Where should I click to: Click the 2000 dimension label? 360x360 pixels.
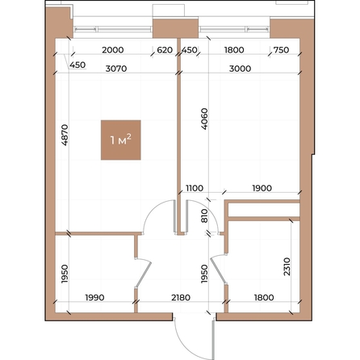[111, 50]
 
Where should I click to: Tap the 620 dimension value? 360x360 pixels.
[165, 50]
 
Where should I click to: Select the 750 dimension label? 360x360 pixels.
[281, 50]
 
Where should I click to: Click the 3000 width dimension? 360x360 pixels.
[239, 69]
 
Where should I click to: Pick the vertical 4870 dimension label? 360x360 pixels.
[65, 134]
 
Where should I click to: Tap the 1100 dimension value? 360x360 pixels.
[195, 188]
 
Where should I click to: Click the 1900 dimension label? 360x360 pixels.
[261, 188]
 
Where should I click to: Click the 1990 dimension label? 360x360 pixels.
[94, 298]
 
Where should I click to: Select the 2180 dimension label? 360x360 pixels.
[180, 298]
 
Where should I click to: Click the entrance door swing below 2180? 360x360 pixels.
[194, 334]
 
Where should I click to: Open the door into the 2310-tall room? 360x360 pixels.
[216, 271]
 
